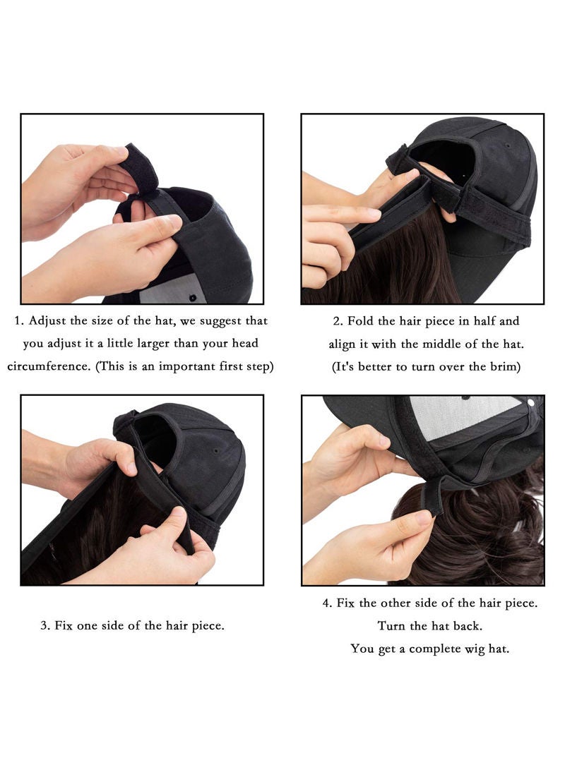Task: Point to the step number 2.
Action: pos(337,321)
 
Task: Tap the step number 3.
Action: pos(44,625)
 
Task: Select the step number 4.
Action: pos(326,603)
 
